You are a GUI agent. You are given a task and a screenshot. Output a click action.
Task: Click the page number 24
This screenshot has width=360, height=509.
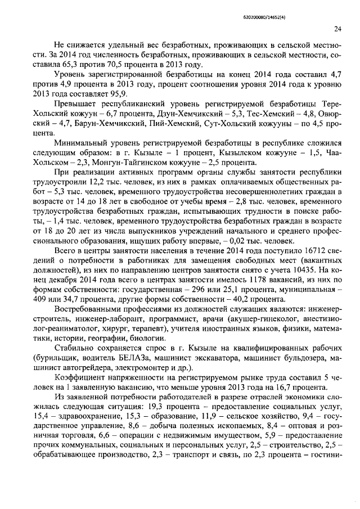[337, 29]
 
